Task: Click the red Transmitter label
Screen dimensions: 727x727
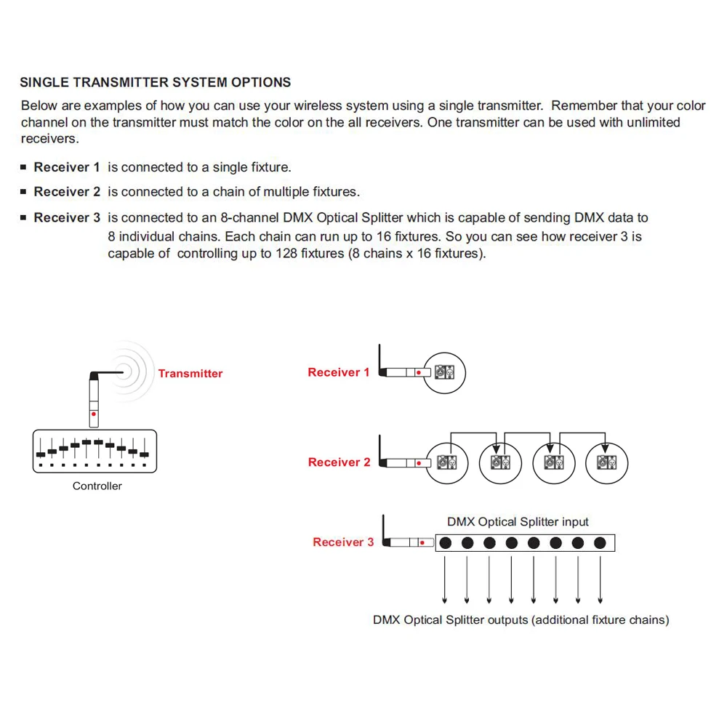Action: pyautogui.click(x=190, y=374)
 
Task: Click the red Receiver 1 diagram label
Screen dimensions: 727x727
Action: pyautogui.click(x=338, y=372)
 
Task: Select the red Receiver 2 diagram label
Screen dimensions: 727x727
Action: pyautogui.click(x=339, y=462)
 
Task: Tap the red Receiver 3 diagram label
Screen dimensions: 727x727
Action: pyautogui.click(x=343, y=542)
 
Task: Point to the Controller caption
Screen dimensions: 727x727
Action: pyautogui.click(x=97, y=486)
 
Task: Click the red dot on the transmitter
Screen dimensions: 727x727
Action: pyautogui.click(x=94, y=414)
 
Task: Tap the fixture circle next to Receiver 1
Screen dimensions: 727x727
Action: pyautogui.click(x=444, y=373)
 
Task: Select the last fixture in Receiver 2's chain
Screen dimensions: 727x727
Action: pyautogui.click(x=606, y=462)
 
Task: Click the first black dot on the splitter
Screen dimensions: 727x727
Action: pyautogui.click(x=446, y=543)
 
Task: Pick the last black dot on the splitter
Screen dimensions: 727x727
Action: pyautogui.click(x=600, y=543)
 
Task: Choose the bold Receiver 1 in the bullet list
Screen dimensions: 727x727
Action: pyautogui.click(x=67, y=167)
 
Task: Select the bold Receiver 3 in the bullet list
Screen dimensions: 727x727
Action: pyautogui.click(x=67, y=217)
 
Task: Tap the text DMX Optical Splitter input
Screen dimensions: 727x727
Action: pyautogui.click(x=518, y=522)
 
